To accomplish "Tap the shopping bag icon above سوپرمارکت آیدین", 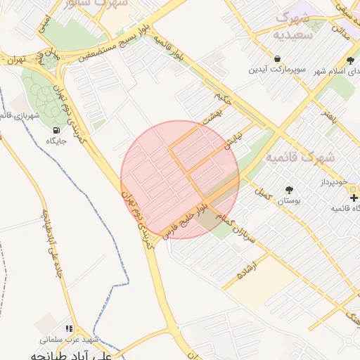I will [x=278, y=58].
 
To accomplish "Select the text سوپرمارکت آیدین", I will [x=278, y=70].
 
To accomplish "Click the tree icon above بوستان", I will [x=288, y=190].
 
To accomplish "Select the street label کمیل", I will [x=263, y=191].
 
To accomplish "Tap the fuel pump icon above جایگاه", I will [x=56, y=130].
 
